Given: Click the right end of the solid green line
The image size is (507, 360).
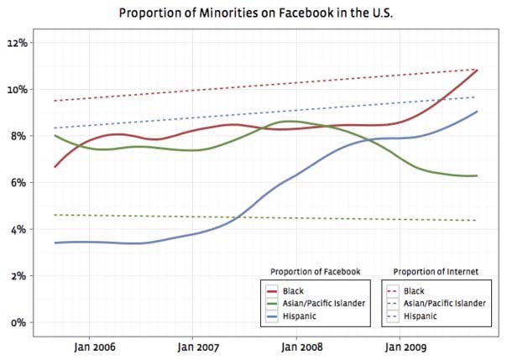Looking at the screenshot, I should pyautogui.click(x=478, y=175).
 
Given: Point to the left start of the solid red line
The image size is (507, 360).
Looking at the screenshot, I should pyautogui.click(x=55, y=167).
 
